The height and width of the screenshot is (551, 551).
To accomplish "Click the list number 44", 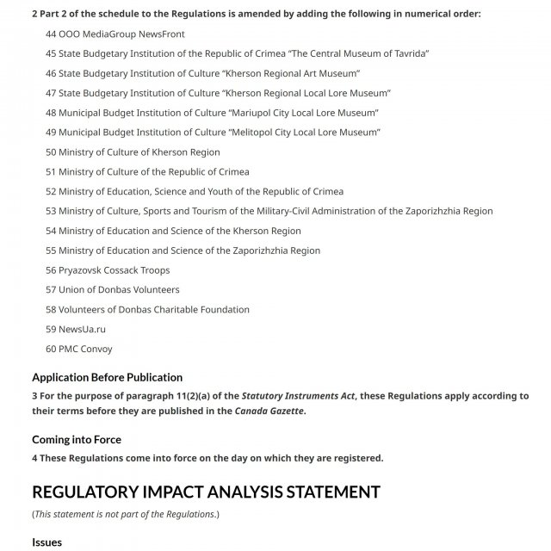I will click(51, 34).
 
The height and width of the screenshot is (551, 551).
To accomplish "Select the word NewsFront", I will click(158, 34).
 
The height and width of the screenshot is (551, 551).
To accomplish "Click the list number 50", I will click(51, 152).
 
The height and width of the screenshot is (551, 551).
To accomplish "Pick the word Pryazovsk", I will click(81, 270).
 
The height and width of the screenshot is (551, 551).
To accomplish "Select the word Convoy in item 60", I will click(96, 350).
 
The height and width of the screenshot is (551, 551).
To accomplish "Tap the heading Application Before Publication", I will click(107, 377).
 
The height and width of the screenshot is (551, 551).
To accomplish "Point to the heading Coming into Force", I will click(77, 440).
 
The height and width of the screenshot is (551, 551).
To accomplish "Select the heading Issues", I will click(46, 542).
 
